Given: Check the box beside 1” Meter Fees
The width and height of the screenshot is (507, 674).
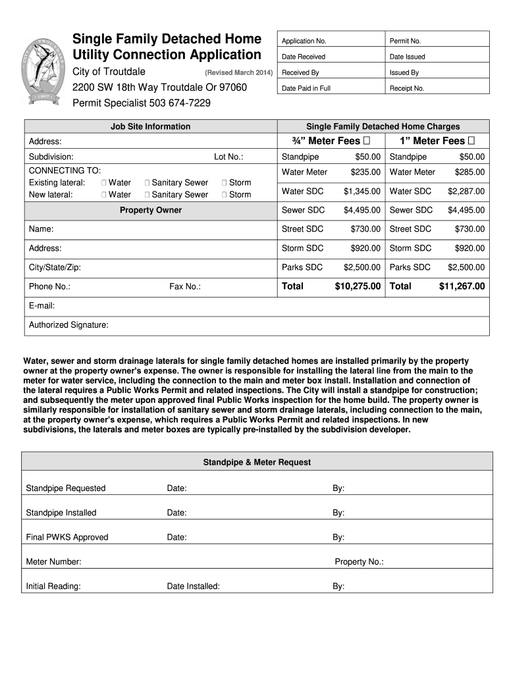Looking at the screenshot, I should point(471,141).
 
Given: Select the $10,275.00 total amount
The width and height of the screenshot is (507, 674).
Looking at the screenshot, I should point(358,286).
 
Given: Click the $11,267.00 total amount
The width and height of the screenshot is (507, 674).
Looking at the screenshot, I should point(462,286).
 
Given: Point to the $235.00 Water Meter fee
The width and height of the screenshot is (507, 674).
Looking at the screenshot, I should point(365,172).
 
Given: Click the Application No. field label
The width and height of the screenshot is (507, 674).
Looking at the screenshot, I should point(304,41).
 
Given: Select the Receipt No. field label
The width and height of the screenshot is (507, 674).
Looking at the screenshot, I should point(407,88).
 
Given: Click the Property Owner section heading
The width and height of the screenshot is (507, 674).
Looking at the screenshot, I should point(151,210).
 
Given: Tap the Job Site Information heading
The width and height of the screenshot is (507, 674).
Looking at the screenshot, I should point(151,126).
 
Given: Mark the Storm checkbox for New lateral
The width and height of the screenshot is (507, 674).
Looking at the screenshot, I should point(225,195).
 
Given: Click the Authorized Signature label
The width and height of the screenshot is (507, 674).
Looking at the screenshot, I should point(68,325).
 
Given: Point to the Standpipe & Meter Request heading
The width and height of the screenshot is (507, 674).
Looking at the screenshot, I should point(257,463).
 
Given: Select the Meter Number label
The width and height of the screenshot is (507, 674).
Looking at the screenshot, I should point(53,562).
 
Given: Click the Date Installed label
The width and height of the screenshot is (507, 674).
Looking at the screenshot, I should point(193,586).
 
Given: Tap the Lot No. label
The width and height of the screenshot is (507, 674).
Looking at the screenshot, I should point(228,157).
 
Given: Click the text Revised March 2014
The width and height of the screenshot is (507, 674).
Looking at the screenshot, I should point(238,72).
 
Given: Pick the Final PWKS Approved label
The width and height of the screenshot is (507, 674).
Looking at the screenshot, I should point(67,537).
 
